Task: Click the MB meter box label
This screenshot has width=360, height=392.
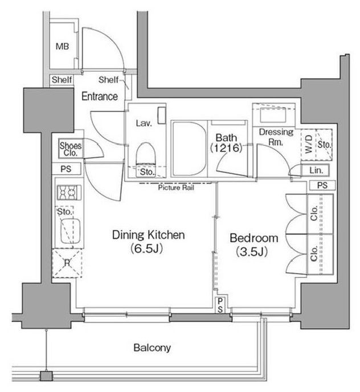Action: (x=62, y=46)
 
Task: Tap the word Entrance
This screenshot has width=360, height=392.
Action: (x=100, y=96)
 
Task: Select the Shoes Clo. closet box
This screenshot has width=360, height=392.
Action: (x=71, y=149)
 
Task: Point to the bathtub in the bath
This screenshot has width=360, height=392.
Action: (x=189, y=149)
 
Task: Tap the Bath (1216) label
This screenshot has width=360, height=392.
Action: (x=226, y=143)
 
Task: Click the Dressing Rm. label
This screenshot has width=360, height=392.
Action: (x=276, y=137)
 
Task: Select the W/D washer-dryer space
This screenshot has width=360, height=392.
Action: (x=309, y=145)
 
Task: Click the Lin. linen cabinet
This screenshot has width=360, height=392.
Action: (x=316, y=170)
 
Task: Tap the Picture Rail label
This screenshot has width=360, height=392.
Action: (x=176, y=187)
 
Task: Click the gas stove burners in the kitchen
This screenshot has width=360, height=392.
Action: (x=69, y=192)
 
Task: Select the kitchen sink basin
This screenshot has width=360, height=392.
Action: (x=71, y=231)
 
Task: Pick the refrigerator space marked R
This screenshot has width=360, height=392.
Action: (x=67, y=263)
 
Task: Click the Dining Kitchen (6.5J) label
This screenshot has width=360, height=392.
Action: (x=149, y=241)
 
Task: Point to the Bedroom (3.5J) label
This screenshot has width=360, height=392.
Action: (x=253, y=245)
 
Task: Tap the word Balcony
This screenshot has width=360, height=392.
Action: (x=152, y=348)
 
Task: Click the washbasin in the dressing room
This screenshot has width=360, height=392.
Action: (x=273, y=115)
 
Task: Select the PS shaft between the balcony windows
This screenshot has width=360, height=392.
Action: (x=220, y=305)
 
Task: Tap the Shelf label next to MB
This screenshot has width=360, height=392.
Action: (x=62, y=80)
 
